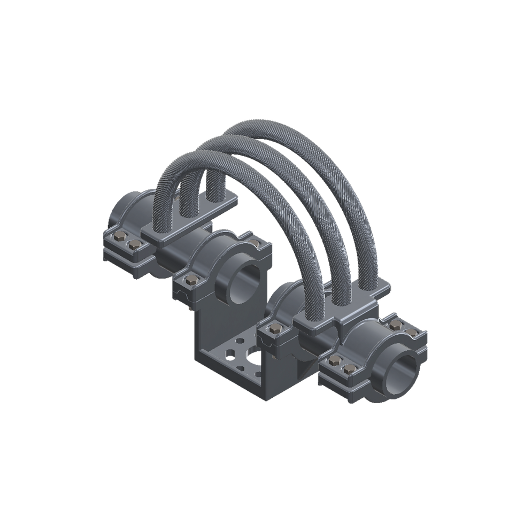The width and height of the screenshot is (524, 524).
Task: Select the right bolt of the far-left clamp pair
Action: (133, 245)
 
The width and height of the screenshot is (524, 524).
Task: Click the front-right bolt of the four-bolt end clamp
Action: (349, 367)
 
